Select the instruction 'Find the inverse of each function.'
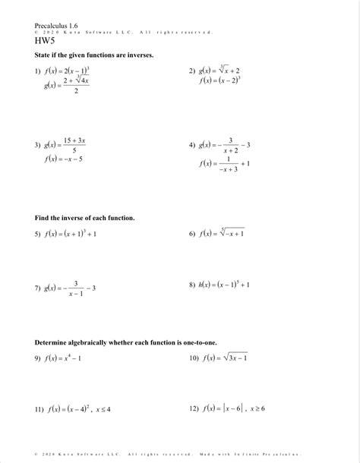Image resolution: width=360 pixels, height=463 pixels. point(84,218)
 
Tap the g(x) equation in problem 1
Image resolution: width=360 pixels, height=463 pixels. point(67,85)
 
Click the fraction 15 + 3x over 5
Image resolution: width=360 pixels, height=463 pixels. point(74,146)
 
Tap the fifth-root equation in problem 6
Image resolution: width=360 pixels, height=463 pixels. point(222,234)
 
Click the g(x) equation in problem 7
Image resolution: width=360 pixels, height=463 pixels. point(70,288)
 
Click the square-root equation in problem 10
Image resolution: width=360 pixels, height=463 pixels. point(224,357)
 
